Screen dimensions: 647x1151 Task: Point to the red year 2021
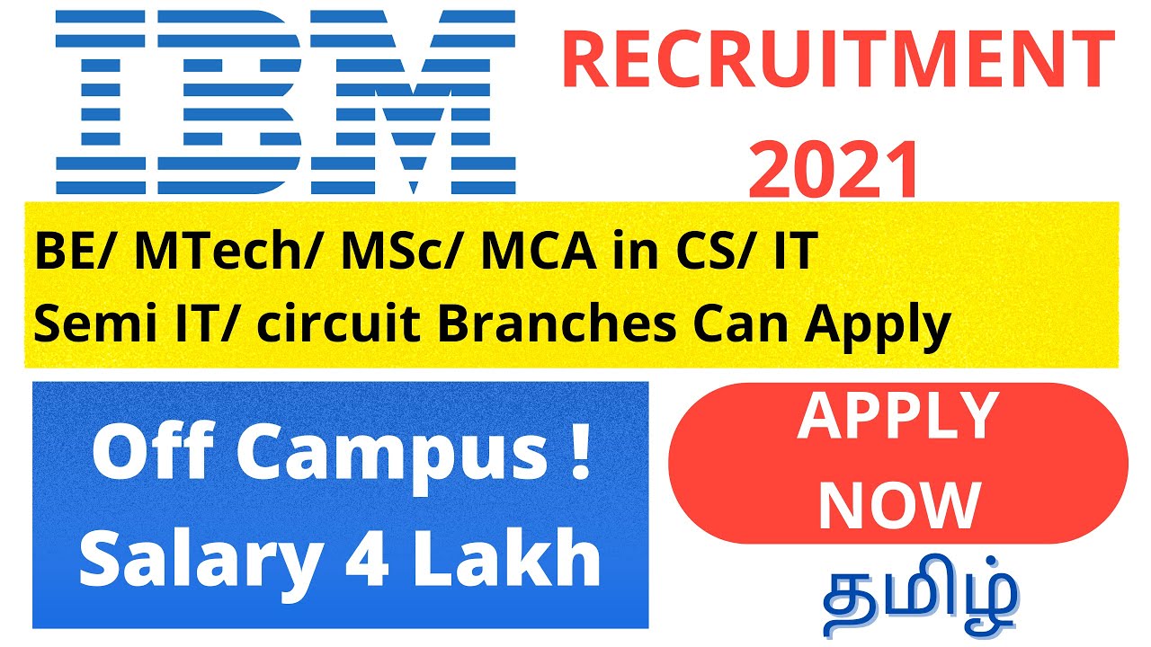[x=834, y=171]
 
